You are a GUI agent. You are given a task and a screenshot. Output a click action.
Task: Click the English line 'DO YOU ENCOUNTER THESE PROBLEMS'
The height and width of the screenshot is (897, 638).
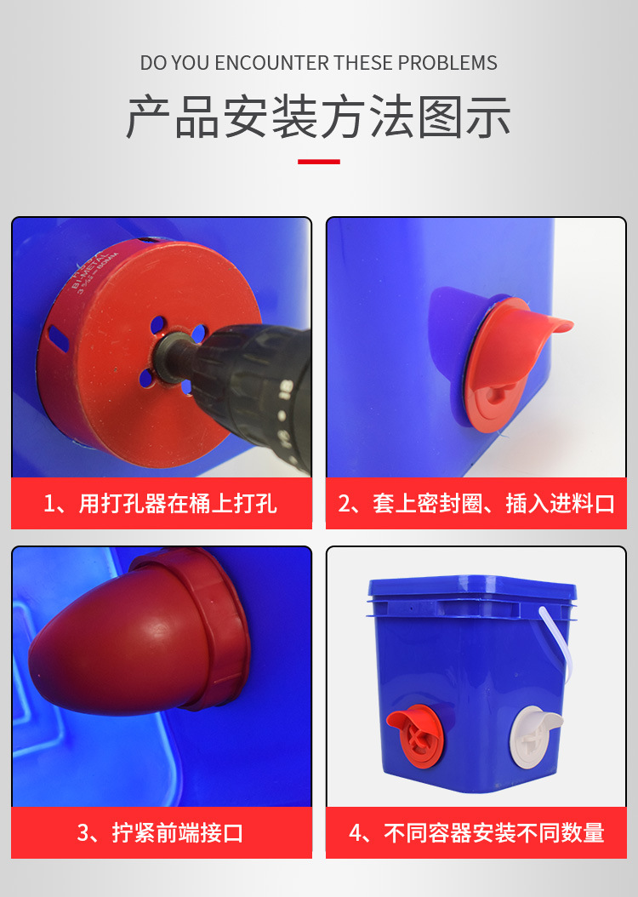pos(318,63)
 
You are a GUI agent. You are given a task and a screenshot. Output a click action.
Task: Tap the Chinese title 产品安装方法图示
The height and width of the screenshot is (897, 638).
pos(318,117)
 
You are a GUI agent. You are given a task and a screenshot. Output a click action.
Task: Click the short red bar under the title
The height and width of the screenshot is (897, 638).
pos(318,161)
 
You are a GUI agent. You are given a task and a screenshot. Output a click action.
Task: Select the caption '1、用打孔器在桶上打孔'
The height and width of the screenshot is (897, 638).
pos(161,503)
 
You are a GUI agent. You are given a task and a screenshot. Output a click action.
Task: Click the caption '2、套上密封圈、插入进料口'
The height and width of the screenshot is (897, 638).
pos(476,503)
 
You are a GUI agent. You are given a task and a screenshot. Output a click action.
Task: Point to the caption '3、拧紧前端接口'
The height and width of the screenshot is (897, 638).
pos(161,831)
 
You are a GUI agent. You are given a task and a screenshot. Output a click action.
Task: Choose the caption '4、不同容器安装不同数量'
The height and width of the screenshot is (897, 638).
pos(476,831)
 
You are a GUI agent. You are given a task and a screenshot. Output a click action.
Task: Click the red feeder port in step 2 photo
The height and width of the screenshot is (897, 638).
pos(510,357)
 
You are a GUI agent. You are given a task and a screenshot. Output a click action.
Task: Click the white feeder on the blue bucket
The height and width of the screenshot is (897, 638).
pos(533,732)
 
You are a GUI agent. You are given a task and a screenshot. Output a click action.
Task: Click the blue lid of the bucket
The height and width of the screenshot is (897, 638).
pos(472,587)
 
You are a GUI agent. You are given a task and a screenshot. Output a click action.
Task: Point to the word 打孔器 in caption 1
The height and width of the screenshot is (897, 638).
pos(134,503)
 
